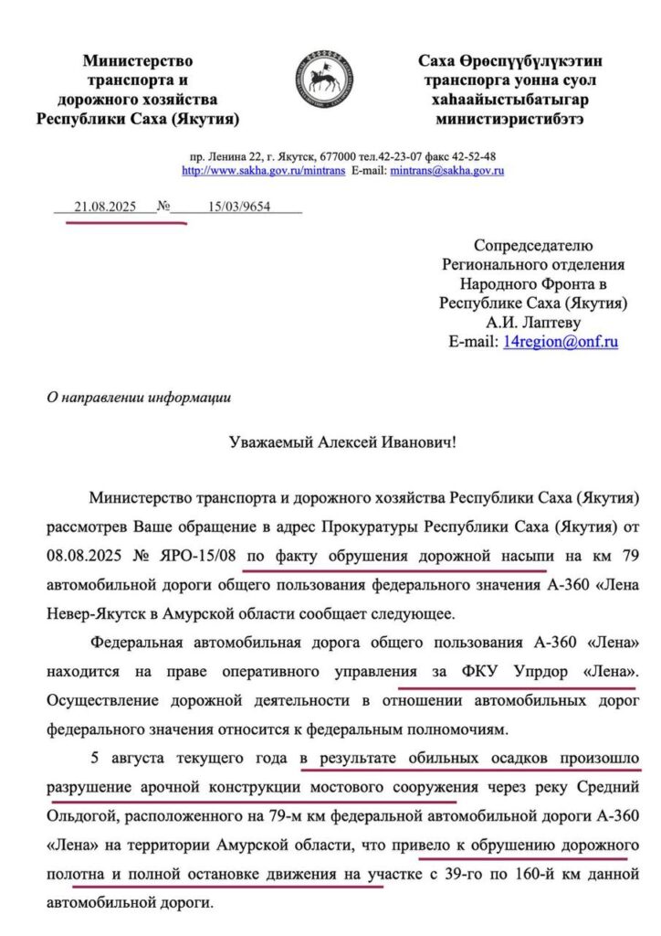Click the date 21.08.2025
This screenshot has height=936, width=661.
coord(105,207)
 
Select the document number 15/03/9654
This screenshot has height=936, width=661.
coord(239,207)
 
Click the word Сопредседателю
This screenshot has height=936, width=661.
coord(533,245)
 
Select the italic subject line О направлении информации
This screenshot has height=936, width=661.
coord(139,398)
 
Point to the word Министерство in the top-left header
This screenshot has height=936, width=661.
coord(137,61)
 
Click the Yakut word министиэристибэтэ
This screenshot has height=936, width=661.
coord(509,119)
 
